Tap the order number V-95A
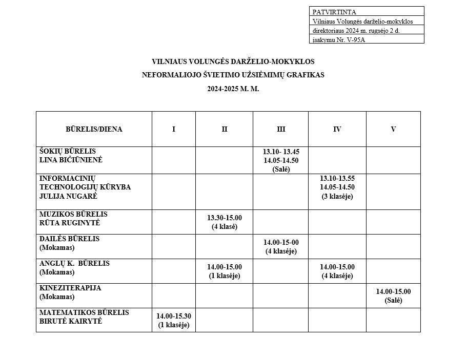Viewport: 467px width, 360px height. [x=353, y=40]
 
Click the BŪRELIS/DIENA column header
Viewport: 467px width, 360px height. [x=94, y=129]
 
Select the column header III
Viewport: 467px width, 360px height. [x=281, y=129]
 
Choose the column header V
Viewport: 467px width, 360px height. [x=393, y=129]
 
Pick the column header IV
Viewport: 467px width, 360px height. [x=337, y=129]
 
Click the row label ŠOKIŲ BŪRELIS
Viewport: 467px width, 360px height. [x=68, y=151]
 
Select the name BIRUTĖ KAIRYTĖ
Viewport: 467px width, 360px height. [x=71, y=321]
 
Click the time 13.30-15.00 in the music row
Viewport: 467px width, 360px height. [x=225, y=218]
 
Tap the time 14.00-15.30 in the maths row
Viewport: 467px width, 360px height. [x=174, y=316]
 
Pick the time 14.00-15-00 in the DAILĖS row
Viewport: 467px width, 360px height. [x=281, y=242]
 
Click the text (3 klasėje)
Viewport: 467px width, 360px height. [x=337, y=196]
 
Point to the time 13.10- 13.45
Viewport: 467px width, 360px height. [x=281, y=152]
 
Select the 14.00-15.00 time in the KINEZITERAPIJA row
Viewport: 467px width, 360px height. [x=393, y=291]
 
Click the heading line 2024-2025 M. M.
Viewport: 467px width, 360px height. [x=233, y=88]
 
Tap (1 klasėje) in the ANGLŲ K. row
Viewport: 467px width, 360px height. [x=225, y=276]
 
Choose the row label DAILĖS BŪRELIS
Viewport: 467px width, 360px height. [x=69, y=239]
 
